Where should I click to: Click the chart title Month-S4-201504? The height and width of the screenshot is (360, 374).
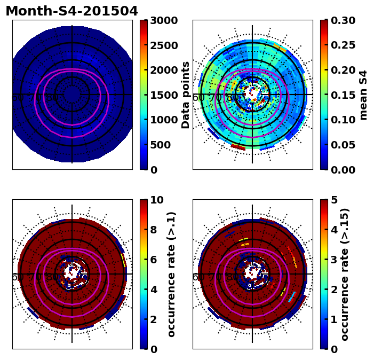(71, 11)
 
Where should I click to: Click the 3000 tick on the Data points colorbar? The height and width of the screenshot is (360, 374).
(163, 21)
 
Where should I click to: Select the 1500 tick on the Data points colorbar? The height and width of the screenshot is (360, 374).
(163, 95)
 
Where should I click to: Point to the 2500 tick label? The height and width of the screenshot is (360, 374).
(163, 45)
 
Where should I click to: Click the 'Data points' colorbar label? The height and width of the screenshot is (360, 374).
(186, 95)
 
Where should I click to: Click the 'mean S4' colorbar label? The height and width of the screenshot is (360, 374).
(364, 95)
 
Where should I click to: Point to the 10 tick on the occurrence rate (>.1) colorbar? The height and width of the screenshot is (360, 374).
(157, 200)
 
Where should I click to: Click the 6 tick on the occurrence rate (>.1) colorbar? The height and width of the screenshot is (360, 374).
(154, 260)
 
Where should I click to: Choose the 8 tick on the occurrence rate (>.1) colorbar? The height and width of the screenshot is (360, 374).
(154, 230)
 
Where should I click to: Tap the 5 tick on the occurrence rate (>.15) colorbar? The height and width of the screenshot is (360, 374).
(334, 200)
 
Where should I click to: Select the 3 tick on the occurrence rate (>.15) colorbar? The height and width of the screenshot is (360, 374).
(334, 260)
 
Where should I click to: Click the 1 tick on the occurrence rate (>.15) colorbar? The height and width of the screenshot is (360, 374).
(334, 319)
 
